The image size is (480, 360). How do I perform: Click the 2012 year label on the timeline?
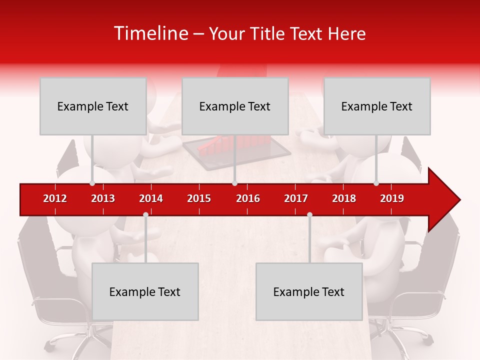pyautogui.click(x=55, y=198)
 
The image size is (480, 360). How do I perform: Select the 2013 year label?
pyautogui.click(x=103, y=198)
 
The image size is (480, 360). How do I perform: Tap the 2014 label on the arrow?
pyautogui.click(x=151, y=198)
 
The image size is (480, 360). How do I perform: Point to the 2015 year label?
pyautogui.click(x=199, y=198)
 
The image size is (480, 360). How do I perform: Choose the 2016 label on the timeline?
pyautogui.click(x=248, y=198)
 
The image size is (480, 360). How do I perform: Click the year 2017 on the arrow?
pyautogui.click(x=296, y=198)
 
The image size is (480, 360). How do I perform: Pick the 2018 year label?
pyautogui.click(x=344, y=198)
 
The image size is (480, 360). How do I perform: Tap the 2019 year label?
pyautogui.click(x=392, y=198)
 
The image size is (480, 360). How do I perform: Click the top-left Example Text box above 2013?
pyautogui.click(x=93, y=106)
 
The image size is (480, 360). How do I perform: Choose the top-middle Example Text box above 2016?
pyautogui.click(x=235, y=106)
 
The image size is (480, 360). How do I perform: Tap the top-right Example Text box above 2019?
pyautogui.click(x=377, y=106)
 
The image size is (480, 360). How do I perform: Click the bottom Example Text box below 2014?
pyautogui.click(x=145, y=291)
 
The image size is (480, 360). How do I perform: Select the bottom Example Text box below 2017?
pyautogui.click(x=309, y=291)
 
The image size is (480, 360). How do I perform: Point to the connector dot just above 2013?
pyautogui.click(x=92, y=183)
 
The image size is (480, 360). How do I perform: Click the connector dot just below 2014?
pyautogui.click(x=145, y=214)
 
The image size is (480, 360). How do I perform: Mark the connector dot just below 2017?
pyautogui.click(x=309, y=214)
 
